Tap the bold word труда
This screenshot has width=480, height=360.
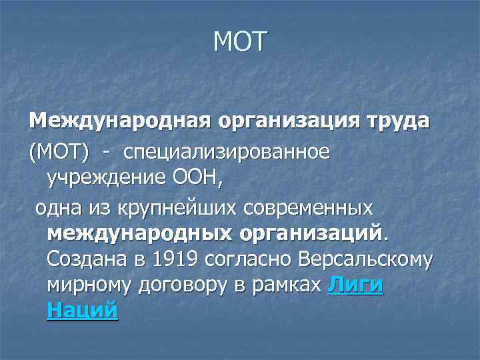click(396, 123)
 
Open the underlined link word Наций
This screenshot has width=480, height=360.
click(83, 311)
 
